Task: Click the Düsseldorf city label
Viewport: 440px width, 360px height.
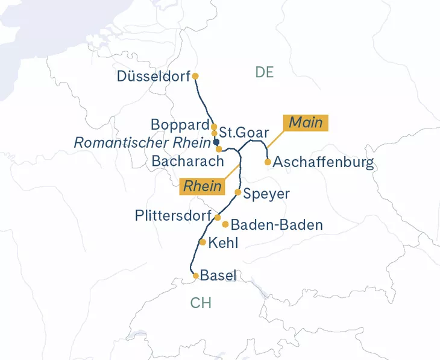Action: pos(153,77)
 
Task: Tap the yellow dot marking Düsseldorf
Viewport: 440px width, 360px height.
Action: pos(195,76)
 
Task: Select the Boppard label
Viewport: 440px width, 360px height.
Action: pos(179,125)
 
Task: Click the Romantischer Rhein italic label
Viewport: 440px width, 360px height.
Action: pos(142,143)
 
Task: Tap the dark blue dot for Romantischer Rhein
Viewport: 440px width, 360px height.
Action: pos(216,142)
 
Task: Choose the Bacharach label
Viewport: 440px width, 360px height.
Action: pos(187,162)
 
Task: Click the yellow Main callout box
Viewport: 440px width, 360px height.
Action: pos(306,123)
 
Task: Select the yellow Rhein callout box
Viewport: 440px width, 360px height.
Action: pos(203,186)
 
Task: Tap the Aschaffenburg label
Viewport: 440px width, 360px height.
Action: pos(324,162)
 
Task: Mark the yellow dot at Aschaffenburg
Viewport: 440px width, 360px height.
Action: pos(268,162)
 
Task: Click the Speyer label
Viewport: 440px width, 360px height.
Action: pos(266,194)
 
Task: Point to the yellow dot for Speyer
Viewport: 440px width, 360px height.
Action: pos(237,192)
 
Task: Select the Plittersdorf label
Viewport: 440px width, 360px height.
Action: pos(172,216)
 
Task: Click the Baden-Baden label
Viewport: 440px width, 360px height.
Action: pos(277,225)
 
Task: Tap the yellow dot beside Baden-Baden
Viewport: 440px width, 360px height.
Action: pos(225,224)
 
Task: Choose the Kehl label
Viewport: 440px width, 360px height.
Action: pos(222,243)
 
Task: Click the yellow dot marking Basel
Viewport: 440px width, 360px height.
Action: pos(195,276)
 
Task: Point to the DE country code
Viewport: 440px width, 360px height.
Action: pos(264,72)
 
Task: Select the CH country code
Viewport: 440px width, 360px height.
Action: pos(201,303)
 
